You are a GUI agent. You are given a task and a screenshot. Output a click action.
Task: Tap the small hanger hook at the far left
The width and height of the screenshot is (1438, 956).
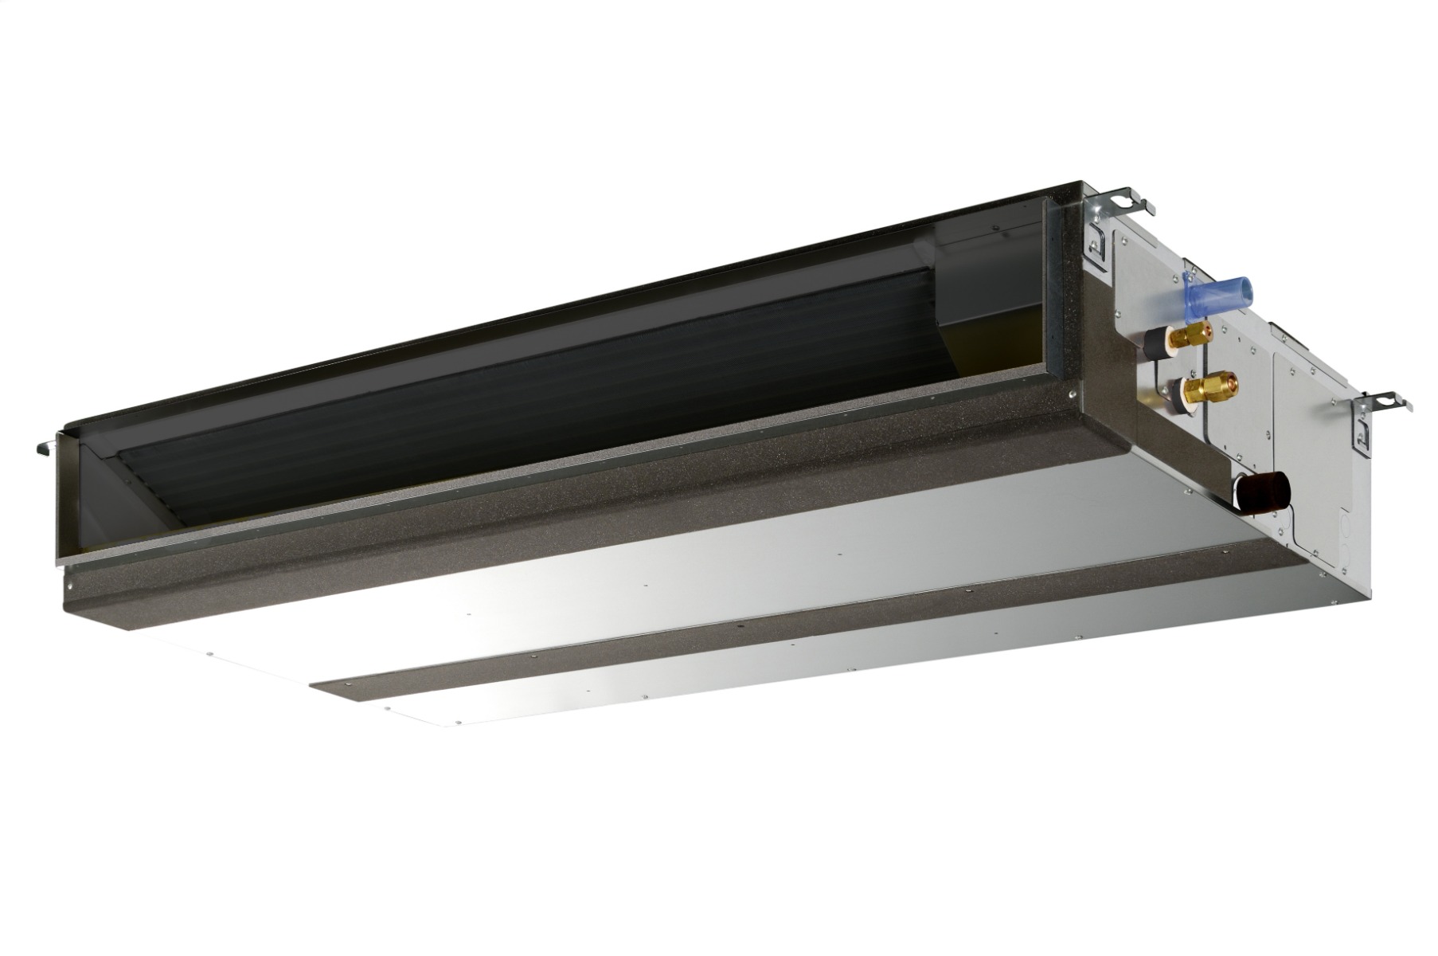(45, 447)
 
